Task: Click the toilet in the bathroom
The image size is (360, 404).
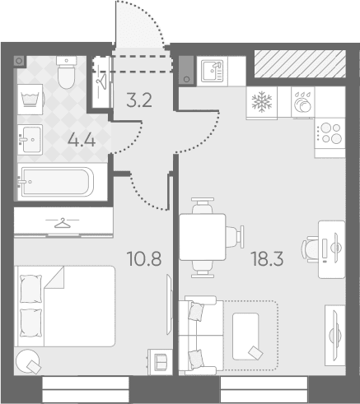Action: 66,72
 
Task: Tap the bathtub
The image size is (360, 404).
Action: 57,182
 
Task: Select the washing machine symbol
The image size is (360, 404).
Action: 30,100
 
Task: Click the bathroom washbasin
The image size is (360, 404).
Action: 30,140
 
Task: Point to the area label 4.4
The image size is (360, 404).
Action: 82,140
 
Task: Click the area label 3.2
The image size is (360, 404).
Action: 139,100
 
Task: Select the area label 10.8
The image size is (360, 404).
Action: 144,258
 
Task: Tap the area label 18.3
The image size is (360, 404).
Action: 267,259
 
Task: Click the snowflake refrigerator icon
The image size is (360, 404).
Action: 262,102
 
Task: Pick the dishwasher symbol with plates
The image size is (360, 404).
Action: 303,102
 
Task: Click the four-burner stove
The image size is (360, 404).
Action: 330,133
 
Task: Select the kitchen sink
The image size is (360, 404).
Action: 213,72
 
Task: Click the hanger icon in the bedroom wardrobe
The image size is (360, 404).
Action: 63,223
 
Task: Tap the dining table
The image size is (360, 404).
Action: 203,237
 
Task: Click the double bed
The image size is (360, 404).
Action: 66,306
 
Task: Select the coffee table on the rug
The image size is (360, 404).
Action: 245,337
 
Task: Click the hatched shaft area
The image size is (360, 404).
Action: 300,63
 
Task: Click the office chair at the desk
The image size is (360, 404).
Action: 311,249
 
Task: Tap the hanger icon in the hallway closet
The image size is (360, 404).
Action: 101,80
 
